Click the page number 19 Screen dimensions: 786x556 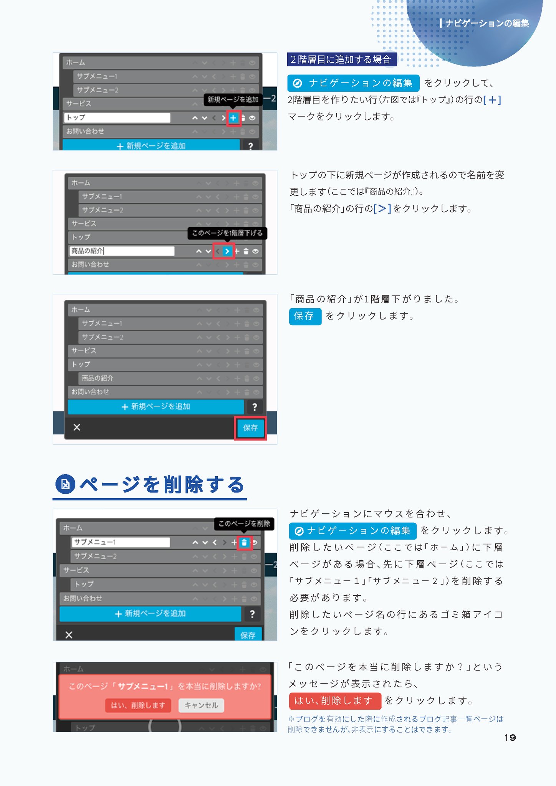point(510,737)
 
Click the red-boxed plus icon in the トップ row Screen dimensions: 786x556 point(233,118)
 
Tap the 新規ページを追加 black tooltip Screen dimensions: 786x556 point(233,100)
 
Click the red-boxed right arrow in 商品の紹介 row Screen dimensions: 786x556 point(227,251)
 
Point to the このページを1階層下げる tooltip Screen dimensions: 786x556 point(227,233)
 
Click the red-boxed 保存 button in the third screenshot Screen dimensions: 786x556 point(250,428)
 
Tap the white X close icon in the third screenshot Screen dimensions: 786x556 point(77,427)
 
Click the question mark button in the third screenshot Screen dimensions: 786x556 point(254,407)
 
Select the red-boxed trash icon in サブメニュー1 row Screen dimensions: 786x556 point(244,543)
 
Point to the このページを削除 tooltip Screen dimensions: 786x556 point(244,523)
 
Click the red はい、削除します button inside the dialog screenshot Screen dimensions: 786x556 point(138,705)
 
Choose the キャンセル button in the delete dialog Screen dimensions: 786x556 point(201,705)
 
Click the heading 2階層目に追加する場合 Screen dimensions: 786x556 point(341,59)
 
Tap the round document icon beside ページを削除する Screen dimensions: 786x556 point(65,484)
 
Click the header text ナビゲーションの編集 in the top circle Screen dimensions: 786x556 point(487,23)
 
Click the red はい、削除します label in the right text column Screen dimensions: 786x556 point(334,701)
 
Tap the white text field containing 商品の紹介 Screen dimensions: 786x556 point(122,251)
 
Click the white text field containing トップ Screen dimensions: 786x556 point(117,117)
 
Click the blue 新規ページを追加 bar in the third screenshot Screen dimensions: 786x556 point(156,406)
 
